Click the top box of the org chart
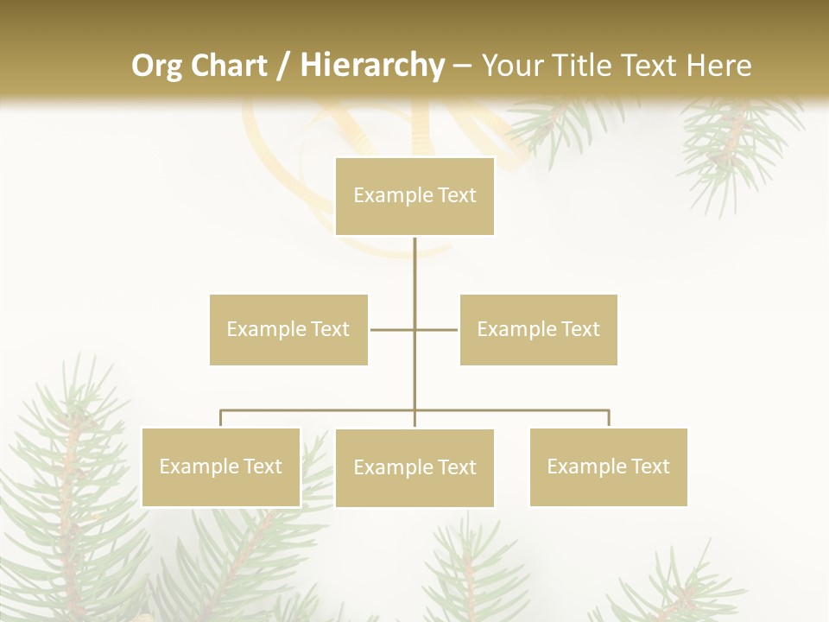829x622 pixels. (414, 196)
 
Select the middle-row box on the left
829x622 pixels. (288, 329)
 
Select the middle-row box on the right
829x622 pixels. (538, 329)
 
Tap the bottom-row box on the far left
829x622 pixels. (220, 466)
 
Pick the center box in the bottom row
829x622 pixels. (414, 467)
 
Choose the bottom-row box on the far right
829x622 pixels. (608, 466)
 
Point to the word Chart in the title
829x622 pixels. (229, 66)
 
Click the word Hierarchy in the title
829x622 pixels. (371, 66)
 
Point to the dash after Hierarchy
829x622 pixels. (462, 66)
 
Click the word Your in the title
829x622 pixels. (512, 66)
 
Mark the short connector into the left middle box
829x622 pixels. (391, 329)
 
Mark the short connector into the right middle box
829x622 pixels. (437, 329)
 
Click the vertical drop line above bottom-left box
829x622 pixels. (220, 418)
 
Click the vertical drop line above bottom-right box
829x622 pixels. (609, 418)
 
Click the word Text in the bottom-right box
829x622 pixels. (649, 466)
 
